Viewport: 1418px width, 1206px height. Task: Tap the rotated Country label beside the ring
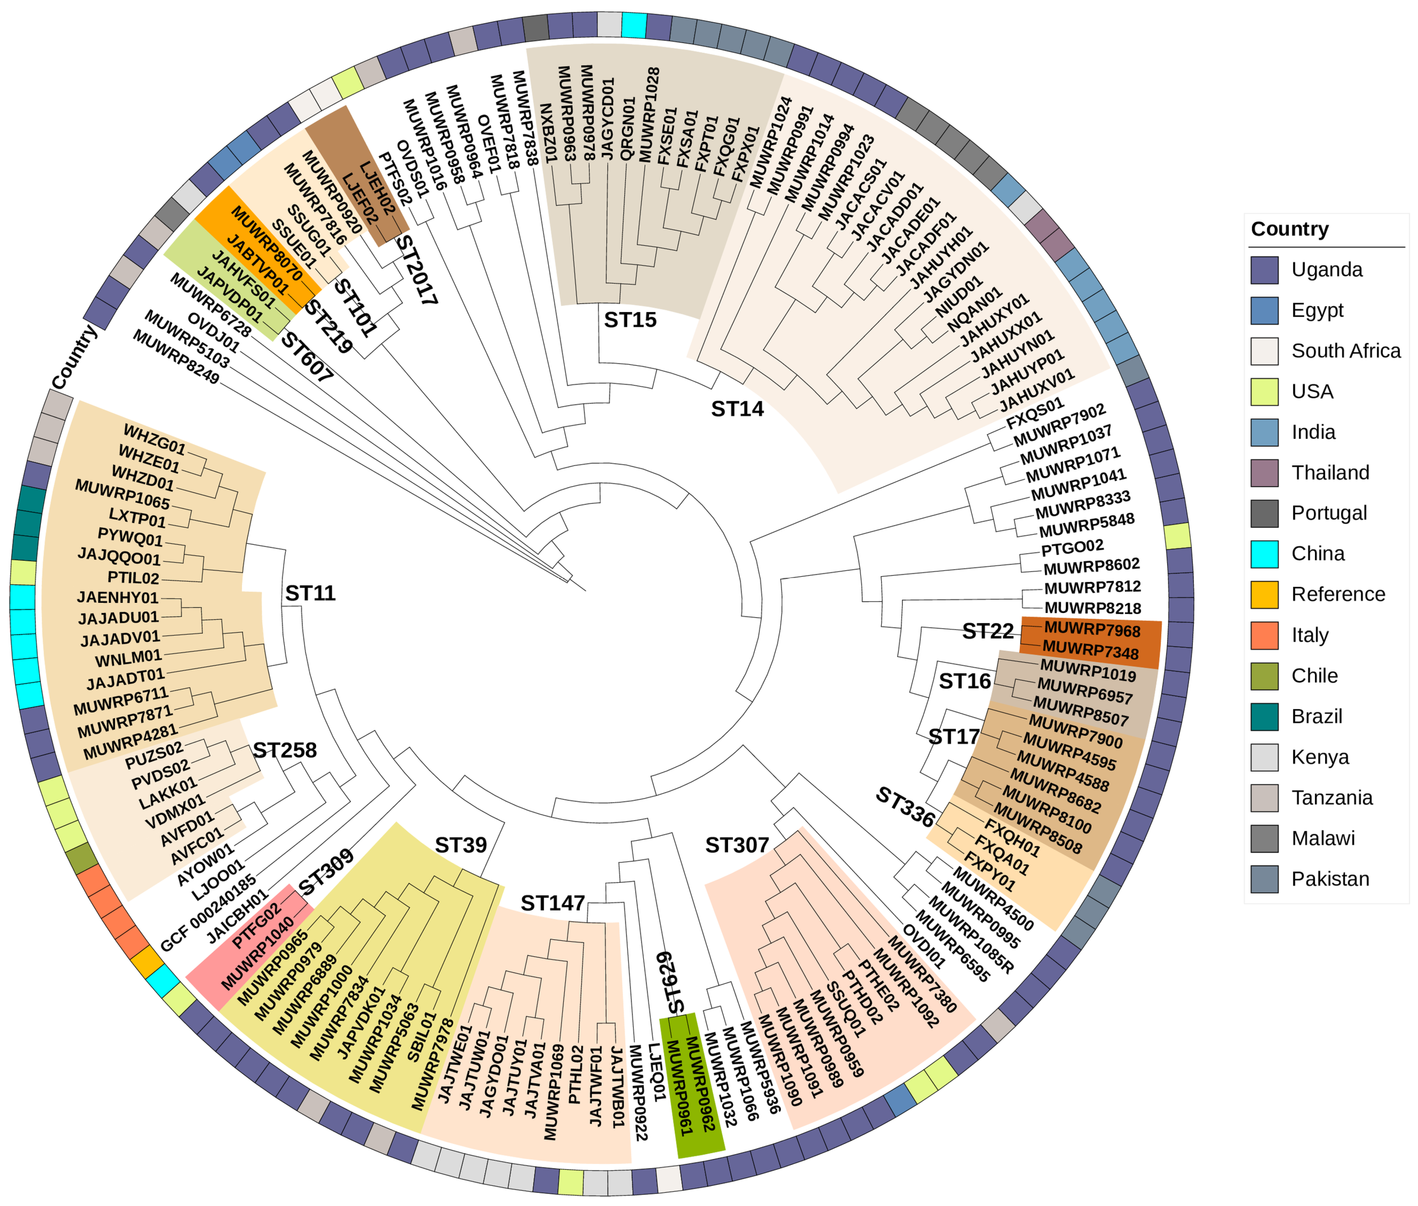point(74,357)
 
